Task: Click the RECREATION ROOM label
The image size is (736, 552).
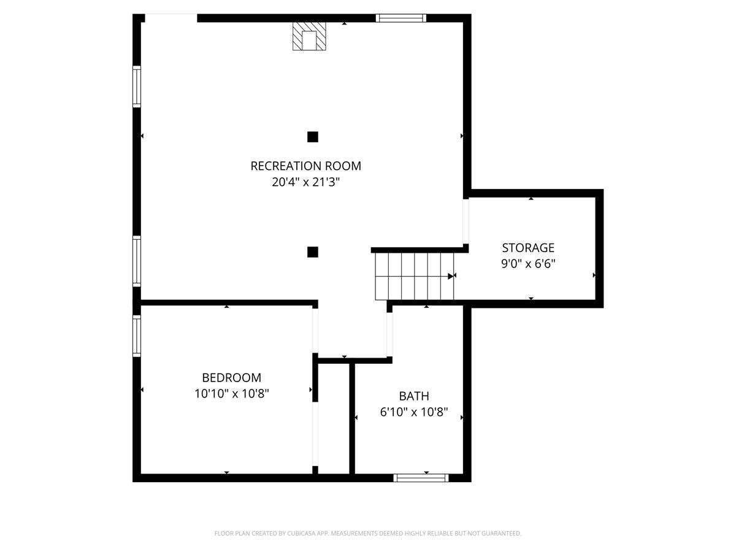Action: pos(305,166)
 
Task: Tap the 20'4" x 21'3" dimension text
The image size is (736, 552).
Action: pos(305,182)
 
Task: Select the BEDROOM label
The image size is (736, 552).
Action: pos(231,378)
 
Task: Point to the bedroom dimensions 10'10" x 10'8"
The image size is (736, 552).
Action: pos(231,393)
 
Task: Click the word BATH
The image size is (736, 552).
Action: pos(414,396)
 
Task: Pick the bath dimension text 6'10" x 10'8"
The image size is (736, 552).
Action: pos(414,412)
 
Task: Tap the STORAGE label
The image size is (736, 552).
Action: pos(528,248)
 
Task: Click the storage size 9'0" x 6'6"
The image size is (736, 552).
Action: pos(528,264)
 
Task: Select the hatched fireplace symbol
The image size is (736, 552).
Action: pos(309,36)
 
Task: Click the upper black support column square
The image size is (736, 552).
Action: pos(313,137)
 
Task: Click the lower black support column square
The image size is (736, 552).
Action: pos(313,252)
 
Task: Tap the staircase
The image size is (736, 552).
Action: pos(414,276)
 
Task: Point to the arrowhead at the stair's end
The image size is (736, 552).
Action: pos(451,276)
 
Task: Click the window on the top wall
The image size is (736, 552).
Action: pos(401,18)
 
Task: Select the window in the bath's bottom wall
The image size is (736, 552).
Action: pos(421,478)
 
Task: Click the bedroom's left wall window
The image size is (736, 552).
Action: pos(137,336)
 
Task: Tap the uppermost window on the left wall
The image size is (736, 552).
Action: pos(137,86)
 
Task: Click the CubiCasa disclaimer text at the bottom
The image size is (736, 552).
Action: pos(368,533)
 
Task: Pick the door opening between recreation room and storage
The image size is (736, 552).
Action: pos(466,221)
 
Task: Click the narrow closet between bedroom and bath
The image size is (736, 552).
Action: pos(334,419)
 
